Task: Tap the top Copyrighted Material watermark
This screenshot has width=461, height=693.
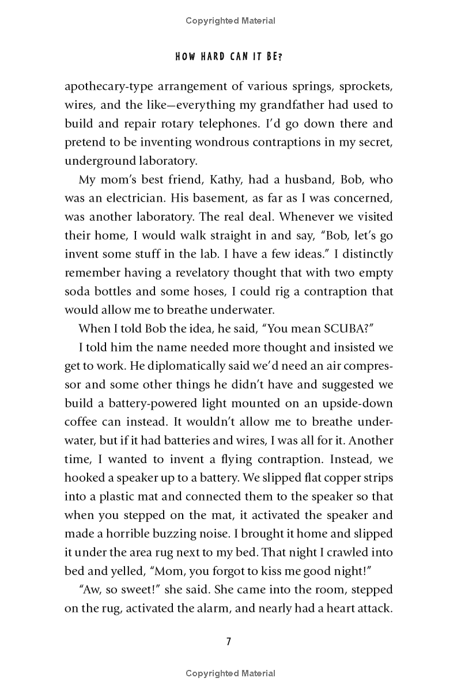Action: tap(231, 21)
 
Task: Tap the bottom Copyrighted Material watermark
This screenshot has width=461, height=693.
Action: tap(231, 673)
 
